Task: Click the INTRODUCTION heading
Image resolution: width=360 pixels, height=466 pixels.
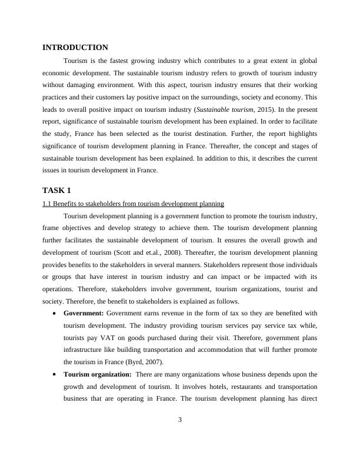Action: click(x=75, y=48)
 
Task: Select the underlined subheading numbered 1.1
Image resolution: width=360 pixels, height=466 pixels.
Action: click(x=133, y=204)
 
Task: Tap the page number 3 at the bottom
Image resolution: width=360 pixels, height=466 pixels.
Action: click(x=180, y=420)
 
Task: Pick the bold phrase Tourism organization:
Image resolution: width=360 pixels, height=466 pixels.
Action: click(x=97, y=374)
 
